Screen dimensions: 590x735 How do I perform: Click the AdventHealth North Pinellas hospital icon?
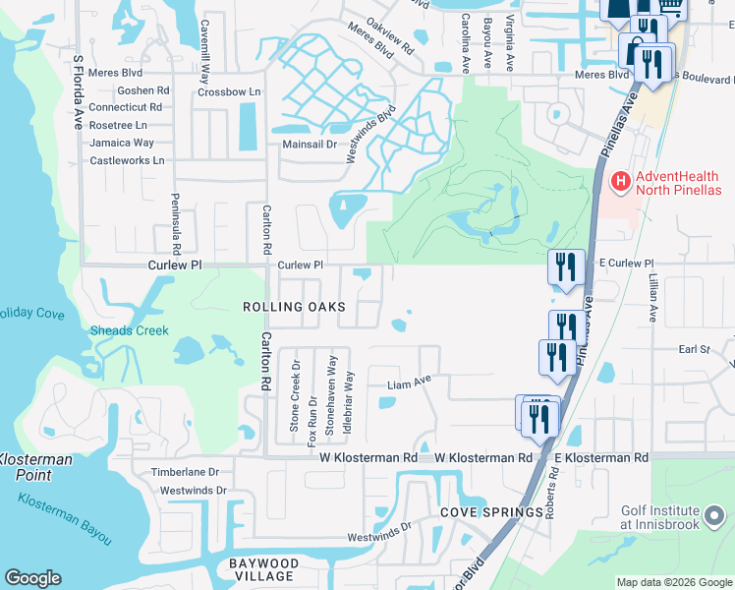pyautogui.click(x=620, y=182)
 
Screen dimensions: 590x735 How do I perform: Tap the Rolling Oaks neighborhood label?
pyautogui.click(x=294, y=307)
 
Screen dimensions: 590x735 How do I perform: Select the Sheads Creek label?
pyautogui.click(x=129, y=330)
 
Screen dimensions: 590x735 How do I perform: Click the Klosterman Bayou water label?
pyautogui.click(x=65, y=517)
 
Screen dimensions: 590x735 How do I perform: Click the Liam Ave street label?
pyautogui.click(x=410, y=384)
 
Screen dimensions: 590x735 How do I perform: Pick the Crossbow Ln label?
pyautogui.click(x=229, y=91)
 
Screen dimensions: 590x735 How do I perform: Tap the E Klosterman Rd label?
pyautogui.click(x=601, y=458)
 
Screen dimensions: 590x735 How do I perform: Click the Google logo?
pyautogui.click(x=32, y=578)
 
